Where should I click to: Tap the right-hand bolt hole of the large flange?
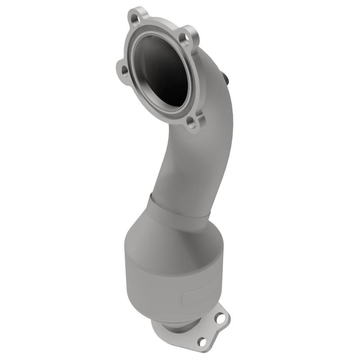click(x=184, y=39)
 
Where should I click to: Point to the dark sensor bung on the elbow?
click(x=225, y=78)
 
